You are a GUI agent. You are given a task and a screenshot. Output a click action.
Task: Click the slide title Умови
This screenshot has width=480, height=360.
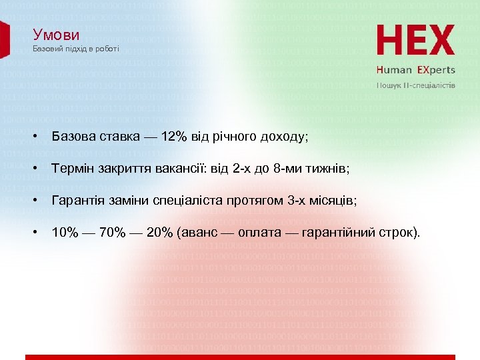click(56, 35)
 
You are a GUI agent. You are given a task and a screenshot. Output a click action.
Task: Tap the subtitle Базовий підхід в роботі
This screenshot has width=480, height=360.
click(76, 49)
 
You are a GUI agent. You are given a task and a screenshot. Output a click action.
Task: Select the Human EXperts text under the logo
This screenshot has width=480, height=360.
click(415, 69)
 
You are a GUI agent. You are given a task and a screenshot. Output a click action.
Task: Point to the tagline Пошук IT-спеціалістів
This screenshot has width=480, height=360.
click(415, 85)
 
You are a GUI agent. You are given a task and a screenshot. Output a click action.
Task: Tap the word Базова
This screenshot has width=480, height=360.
click(74, 137)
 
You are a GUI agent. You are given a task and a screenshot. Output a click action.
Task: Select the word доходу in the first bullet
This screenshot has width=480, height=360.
click(282, 137)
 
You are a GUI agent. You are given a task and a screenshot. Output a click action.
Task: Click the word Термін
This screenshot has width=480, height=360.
click(74, 169)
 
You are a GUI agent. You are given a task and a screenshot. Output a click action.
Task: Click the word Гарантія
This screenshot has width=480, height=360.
click(78, 201)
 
